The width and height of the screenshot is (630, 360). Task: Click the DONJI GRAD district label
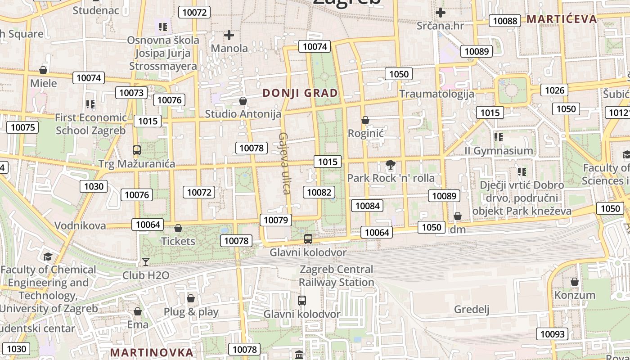(x=300, y=93)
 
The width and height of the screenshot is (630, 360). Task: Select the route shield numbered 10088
(x=505, y=21)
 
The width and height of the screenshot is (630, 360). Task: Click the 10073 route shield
(x=131, y=93)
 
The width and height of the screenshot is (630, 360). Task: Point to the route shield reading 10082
(x=319, y=192)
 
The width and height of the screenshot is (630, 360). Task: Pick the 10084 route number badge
(x=367, y=206)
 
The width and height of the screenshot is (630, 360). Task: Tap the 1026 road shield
(x=554, y=90)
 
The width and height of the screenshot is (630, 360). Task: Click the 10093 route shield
(x=552, y=334)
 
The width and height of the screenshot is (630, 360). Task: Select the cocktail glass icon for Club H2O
(x=146, y=261)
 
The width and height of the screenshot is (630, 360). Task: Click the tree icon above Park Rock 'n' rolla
(x=391, y=165)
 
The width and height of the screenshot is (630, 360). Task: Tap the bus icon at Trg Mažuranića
(x=137, y=150)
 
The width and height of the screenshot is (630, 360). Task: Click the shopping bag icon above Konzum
(x=575, y=282)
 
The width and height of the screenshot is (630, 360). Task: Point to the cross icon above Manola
(x=229, y=35)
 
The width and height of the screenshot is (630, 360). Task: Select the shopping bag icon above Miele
(x=43, y=70)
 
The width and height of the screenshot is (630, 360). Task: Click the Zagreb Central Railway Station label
(x=337, y=276)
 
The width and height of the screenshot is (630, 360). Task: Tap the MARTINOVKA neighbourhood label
(x=152, y=352)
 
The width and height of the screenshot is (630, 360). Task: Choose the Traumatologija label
(x=436, y=94)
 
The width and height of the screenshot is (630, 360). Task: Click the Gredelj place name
(x=472, y=309)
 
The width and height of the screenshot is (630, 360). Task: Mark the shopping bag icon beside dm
(x=458, y=216)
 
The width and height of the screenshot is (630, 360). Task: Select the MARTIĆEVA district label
(x=562, y=19)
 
